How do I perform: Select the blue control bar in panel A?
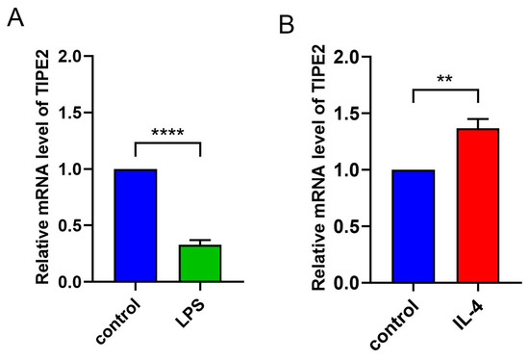coord(136,225)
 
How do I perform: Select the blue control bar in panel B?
coord(413,226)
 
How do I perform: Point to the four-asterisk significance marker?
coord(167,132)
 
